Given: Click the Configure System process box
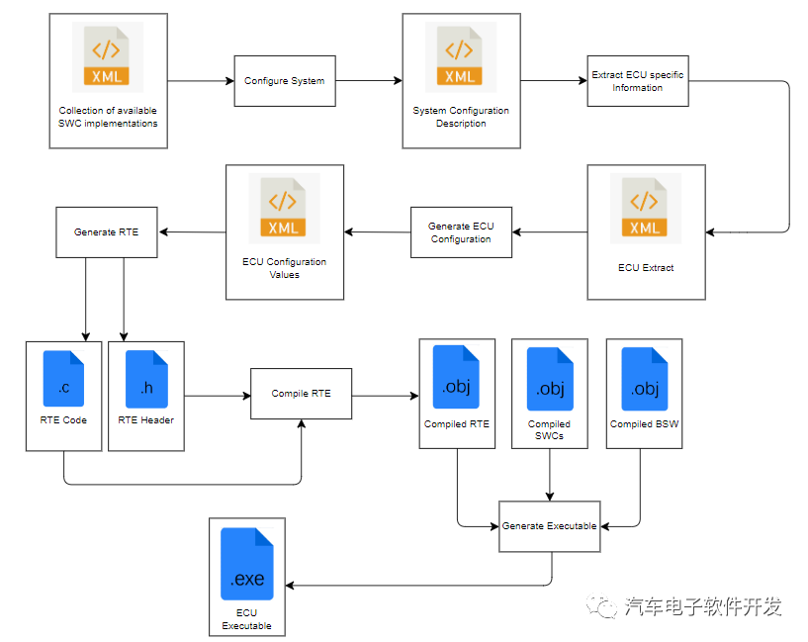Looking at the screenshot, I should coord(284,81).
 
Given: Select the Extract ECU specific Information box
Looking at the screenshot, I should coord(637,81).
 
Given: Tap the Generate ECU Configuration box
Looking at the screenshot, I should coord(461,232).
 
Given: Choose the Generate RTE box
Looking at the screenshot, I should coord(107,232).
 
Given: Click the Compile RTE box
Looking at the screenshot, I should coord(301,394).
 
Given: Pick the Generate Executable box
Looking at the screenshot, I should coord(549,526).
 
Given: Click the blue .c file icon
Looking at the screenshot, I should coord(63,379).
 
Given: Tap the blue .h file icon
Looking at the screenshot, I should coord(146,379).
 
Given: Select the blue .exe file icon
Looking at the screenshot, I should coord(246,565).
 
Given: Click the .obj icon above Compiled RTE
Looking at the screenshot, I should coord(456,377).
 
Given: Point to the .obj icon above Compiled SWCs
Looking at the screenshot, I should coord(549,379).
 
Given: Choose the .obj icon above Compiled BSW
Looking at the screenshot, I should coord(644,379).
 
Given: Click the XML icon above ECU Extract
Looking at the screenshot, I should coord(645,210).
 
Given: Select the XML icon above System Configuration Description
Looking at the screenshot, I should coord(460,58).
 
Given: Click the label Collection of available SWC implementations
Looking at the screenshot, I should coord(108,117).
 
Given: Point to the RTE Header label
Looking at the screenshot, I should coord(145,420).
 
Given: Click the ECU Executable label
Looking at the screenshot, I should coord(246,619).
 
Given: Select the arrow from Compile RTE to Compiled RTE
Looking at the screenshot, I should coord(385,397).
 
